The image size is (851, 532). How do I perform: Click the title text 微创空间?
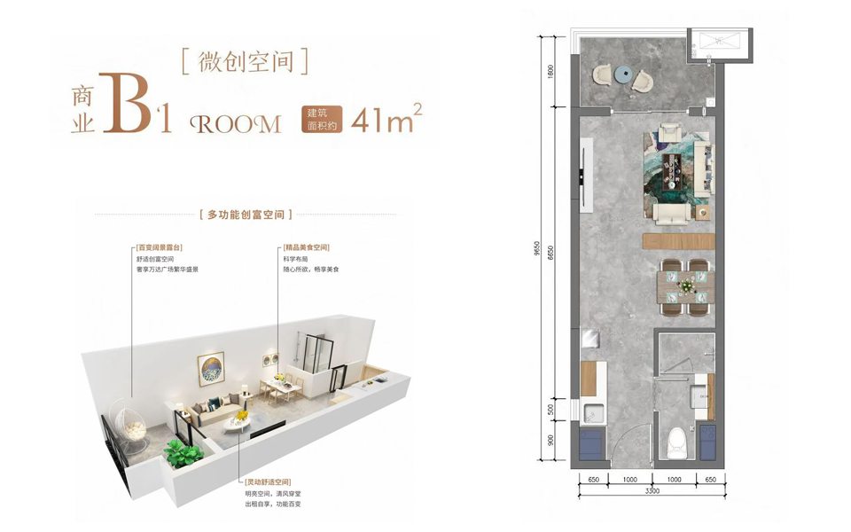coord(246,62)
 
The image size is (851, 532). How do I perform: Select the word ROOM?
coord(236,124)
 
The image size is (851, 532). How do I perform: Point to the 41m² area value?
coord(386,119)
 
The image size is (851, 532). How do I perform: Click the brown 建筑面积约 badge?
coord(322,120)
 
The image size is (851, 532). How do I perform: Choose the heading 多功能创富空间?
coord(246,215)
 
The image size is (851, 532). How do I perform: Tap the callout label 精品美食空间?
coord(306,247)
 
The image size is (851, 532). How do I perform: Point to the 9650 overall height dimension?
coord(537,248)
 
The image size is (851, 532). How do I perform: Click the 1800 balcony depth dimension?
coord(551,71)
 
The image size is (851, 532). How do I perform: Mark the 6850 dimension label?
coord(551,253)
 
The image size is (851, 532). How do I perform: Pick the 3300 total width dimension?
coord(652,491)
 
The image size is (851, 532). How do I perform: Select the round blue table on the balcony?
coord(623,74)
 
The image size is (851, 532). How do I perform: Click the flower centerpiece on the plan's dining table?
coord(687,285)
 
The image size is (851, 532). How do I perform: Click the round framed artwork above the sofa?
coord(211,369)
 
